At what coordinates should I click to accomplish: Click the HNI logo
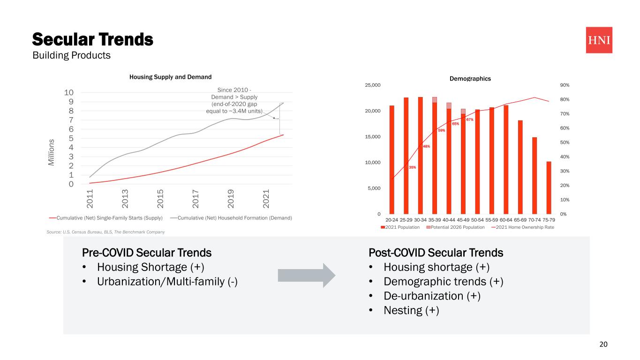(x=599, y=40)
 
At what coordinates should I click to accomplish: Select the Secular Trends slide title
(x=92, y=39)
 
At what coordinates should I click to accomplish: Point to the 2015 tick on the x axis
(x=160, y=199)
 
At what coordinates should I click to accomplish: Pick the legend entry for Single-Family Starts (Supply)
(x=109, y=218)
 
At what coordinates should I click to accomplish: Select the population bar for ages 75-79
(x=549, y=187)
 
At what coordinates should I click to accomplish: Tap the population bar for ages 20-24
(x=392, y=159)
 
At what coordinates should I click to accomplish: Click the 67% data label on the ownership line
(x=470, y=120)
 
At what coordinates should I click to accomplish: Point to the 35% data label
(x=412, y=167)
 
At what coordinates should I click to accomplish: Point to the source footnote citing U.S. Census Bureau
(x=105, y=232)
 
